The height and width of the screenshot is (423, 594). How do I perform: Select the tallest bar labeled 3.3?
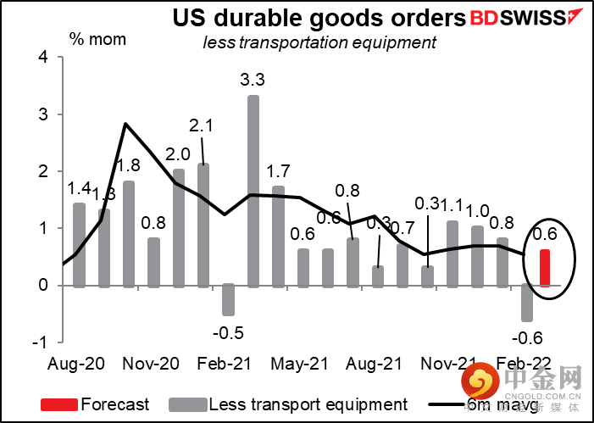coord(253,191)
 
